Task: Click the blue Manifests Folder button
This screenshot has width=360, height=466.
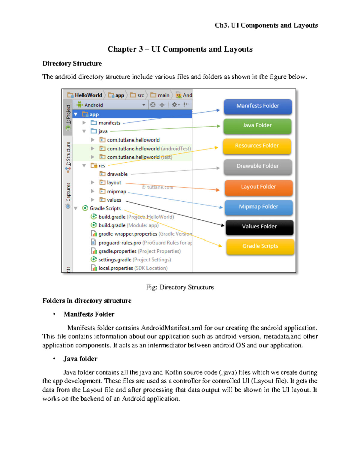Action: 258,106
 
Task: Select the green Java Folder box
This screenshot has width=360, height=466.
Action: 257,126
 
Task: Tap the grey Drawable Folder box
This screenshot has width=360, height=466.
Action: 258,166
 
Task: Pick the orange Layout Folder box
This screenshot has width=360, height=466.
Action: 258,187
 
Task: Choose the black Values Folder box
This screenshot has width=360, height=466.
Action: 259,227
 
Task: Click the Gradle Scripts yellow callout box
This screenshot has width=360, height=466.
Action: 260,246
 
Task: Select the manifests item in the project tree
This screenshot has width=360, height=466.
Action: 109,123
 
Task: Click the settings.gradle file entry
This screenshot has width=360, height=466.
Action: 115,260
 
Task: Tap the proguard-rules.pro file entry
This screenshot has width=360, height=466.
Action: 119,242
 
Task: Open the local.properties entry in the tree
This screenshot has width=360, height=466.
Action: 115,268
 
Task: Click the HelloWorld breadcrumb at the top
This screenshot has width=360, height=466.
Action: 88,95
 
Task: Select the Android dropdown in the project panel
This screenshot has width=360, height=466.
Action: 111,105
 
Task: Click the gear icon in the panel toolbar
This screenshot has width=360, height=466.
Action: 174,105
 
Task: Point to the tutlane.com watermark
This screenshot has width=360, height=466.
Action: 157,187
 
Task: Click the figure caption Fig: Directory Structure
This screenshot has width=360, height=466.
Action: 180,287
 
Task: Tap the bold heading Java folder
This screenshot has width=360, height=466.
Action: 80,359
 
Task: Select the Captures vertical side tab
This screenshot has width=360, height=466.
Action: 68,192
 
